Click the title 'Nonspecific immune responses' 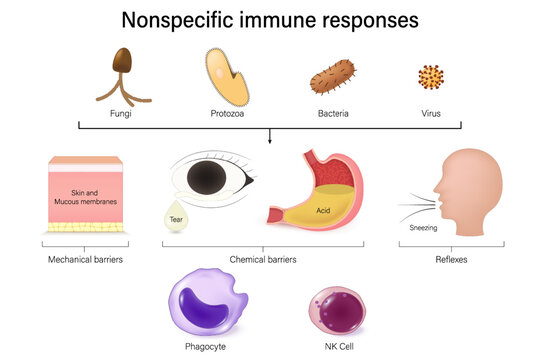(x=270, y=19)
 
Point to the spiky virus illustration (x=430, y=77)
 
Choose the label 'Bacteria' (x=333, y=114)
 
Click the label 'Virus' (x=431, y=114)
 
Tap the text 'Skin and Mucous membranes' (x=84, y=196)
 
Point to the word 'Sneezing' (x=422, y=228)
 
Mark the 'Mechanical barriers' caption (x=85, y=259)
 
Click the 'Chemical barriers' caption (x=262, y=259)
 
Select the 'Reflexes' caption (x=450, y=259)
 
